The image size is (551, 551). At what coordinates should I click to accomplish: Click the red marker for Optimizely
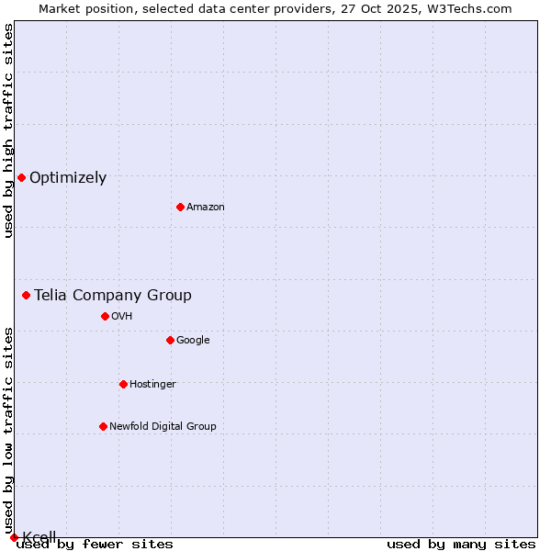tap(21, 177)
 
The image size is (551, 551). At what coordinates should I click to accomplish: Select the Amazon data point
tap(180, 207)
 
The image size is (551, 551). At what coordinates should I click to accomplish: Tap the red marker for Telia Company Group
tap(26, 295)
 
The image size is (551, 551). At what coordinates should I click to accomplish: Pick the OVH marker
tap(105, 316)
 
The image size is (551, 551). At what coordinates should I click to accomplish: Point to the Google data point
tap(170, 340)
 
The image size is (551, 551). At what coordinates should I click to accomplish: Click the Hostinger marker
tap(123, 384)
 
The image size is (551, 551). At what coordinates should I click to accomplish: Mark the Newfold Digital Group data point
tap(103, 426)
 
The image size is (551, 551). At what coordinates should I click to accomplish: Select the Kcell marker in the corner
tap(14, 537)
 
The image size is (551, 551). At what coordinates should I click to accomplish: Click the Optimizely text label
tap(68, 178)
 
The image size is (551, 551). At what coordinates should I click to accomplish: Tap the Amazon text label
tap(206, 208)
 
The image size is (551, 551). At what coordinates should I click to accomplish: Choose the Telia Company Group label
tap(113, 295)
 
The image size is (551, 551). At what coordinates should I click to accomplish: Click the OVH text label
tap(122, 317)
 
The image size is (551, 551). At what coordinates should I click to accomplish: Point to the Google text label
tap(193, 341)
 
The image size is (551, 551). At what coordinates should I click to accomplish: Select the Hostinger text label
tap(152, 385)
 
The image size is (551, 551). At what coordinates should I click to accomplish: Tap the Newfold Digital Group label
tap(163, 427)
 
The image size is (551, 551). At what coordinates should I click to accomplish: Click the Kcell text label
tap(39, 536)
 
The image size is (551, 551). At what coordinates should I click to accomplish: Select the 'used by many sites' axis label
tap(461, 545)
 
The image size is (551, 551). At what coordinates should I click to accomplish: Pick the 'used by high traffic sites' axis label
tap(9, 130)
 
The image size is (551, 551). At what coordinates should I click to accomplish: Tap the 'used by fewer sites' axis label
tap(96, 545)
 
